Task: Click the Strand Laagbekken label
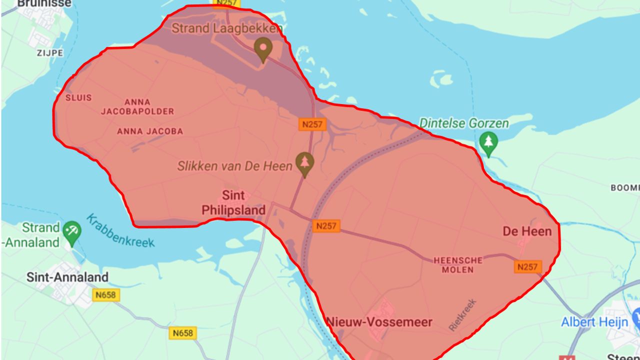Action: (226, 28)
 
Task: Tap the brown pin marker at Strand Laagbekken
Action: (262, 49)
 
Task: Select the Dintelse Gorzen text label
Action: (464, 123)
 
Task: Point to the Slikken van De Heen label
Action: (234, 166)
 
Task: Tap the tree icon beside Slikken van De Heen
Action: (304, 163)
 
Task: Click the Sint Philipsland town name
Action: (233, 202)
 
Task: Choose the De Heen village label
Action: (527, 231)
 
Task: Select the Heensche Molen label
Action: (458, 265)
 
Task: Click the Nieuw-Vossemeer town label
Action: (379, 322)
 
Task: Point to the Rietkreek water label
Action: (462, 315)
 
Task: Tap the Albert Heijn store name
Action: (594, 322)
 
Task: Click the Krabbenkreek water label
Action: (120, 230)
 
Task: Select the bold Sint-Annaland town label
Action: (67, 277)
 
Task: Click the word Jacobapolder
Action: (137, 111)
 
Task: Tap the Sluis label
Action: (78, 97)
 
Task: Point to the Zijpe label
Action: (49, 52)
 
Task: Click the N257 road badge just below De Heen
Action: (527, 267)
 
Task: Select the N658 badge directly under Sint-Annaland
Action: (106, 295)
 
